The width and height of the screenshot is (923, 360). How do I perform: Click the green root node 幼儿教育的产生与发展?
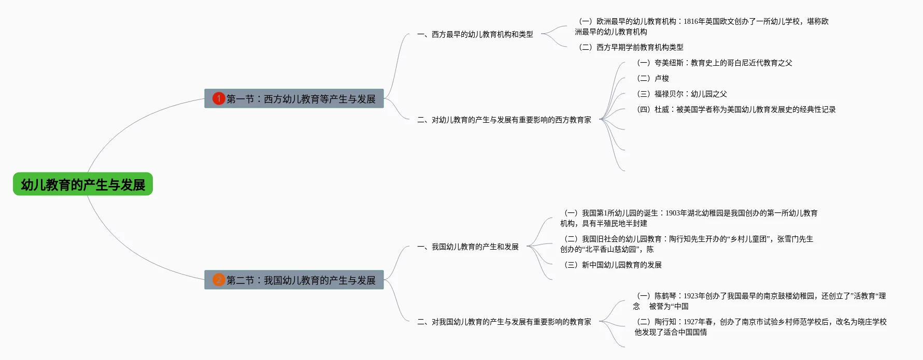[x=83, y=184]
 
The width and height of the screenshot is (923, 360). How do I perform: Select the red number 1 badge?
[x=219, y=98]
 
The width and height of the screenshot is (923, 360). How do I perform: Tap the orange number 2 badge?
[x=219, y=280]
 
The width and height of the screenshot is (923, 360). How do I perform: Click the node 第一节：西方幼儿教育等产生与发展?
[x=301, y=98]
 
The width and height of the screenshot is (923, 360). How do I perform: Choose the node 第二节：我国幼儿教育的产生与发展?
[x=301, y=280]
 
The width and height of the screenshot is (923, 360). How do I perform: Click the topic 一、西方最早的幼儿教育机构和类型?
[x=475, y=34]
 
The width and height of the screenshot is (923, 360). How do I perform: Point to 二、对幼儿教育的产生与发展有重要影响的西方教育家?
[x=504, y=120]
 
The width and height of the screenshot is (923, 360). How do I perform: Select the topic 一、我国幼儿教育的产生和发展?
[x=468, y=247]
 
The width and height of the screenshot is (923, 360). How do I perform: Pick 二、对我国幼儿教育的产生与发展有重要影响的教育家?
[x=504, y=322]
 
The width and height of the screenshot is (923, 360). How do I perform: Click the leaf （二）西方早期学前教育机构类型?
[x=630, y=47]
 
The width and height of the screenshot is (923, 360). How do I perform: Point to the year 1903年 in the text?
[x=676, y=213]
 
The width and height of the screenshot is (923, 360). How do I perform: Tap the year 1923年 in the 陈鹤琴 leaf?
[x=694, y=296]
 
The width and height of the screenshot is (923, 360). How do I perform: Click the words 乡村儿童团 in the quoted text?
[x=750, y=239]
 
